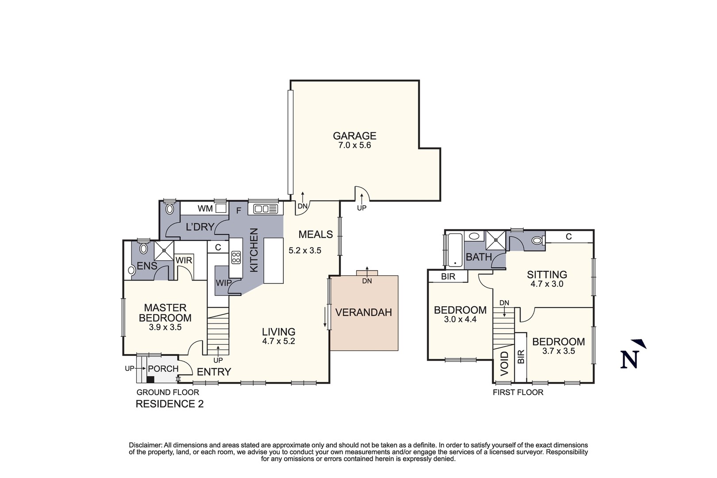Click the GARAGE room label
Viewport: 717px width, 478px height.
tap(355, 136)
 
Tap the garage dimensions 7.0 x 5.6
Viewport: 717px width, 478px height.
tap(355, 145)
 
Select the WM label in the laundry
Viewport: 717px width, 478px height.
tap(205, 208)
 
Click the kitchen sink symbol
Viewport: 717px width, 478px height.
tap(266, 209)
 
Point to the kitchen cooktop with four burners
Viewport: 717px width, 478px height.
tap(236, 258)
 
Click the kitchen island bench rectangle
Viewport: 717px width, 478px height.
tap(274, 261)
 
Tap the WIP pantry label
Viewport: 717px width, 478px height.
tap(224, 283)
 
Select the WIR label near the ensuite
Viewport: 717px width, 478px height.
tap(184, 260)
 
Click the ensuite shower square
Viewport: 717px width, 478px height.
tap(164, 251)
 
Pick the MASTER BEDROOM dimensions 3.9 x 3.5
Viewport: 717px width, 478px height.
tap(165, 328)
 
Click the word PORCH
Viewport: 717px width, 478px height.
tap(163, 369)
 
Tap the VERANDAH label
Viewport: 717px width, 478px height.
tap(364, 312)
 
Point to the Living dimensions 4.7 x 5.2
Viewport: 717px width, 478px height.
tap(278, 341)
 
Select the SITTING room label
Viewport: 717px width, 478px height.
tap(547, 275)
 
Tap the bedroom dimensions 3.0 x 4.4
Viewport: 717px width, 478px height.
tap(460, 319)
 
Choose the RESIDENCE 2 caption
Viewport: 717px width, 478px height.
tap(170, 404)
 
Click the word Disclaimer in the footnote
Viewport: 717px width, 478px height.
tap(146, 445)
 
